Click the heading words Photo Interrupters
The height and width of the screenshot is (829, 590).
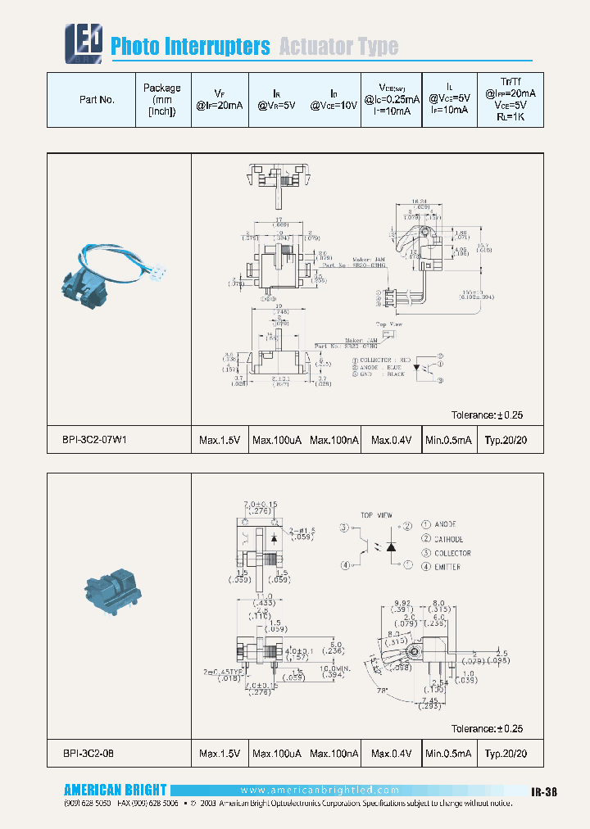click(x=190, y=47)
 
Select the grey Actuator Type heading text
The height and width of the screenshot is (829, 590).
click(x=338, y=47)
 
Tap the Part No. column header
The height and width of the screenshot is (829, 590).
click(x=97, y=99)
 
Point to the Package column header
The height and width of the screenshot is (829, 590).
click(x=161, y=99)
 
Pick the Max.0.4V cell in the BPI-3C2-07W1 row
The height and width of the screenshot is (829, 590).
click(x=392, y=440)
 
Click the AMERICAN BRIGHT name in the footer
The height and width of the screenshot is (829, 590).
click(x=115, y=790)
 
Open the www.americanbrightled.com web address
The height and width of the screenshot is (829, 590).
click(x=320, y=790)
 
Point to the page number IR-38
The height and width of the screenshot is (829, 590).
click(x=544, y=791)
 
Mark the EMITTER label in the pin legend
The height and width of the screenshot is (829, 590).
click(x=447, y=567)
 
